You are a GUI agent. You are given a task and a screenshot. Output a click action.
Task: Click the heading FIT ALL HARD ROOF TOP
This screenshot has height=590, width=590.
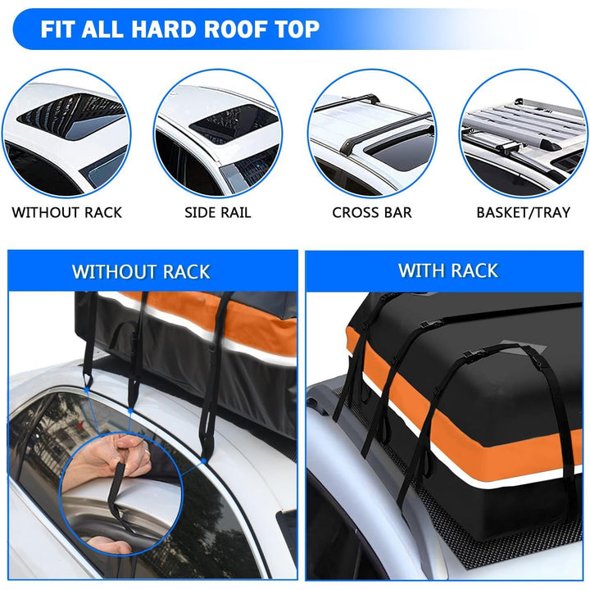pyautogui.click(x=180, y=30)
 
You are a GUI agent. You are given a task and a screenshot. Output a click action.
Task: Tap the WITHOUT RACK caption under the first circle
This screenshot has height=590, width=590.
pyautogui.click(x=67, y=212)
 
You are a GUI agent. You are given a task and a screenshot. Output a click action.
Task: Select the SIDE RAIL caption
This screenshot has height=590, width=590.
pyautogui.click(x=218, y=212)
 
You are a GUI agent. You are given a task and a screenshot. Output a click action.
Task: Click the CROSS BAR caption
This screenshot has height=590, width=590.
pyautogui.click(x=372, y=212)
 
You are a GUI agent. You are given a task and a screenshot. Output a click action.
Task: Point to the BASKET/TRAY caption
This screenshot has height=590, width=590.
pyautogui.click(x=523, y=212)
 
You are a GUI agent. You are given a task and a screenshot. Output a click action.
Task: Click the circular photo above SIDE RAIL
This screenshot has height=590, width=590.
pyautogui.click(x=219, y=134)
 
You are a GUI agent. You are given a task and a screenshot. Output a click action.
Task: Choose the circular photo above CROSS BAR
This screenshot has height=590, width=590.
pyautogui.click(x=372, y=134)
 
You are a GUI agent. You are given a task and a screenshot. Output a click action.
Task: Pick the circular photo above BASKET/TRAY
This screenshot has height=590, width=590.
pyautogui.click(x=524, y=134)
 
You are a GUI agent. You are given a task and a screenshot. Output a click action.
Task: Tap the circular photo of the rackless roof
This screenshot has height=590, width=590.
pyautogui.click(x=66, y=134)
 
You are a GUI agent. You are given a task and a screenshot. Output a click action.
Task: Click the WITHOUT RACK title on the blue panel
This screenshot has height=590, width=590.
pyautogui.click(x=141, y=271)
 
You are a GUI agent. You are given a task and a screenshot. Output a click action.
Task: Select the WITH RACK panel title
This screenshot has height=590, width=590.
pyautogui.click(x=447, y=270)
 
